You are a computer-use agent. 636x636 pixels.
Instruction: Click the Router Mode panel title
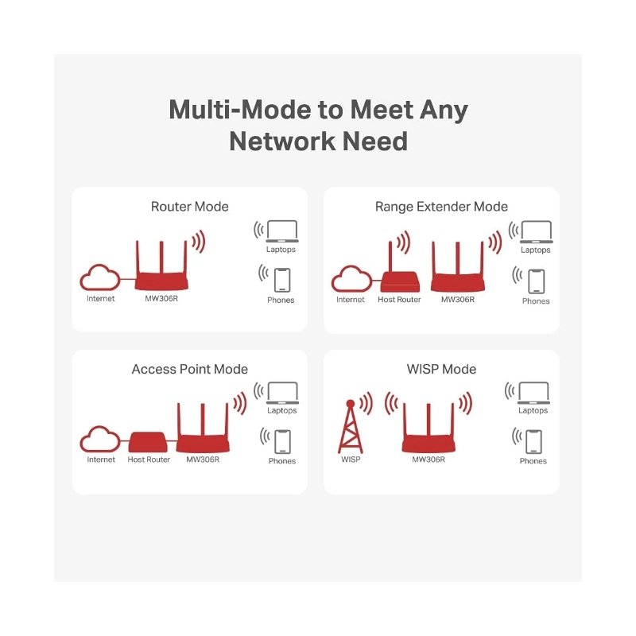pyautogui.click(x=189, y=207)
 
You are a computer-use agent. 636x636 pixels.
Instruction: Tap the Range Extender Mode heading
pyautogui.click(x=441, y=207)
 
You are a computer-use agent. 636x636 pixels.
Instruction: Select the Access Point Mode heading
pyautogui.click(x=189, y=369)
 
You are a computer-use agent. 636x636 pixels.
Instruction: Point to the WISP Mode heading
pyautogui.click(x=441, y=369)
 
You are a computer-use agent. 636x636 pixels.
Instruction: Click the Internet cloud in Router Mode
pyautogui.click(x=100, y=277)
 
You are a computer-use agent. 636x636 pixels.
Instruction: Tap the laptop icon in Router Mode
pyautogui.click(x=282, y=231)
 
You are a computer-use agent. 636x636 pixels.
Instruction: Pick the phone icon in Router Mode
pyautogui.click(x=282, y=280)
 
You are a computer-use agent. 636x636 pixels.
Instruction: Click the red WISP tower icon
pyautogui.click(x=351, y=427)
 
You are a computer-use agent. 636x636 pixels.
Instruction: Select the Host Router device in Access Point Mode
pyautogui.click(x=148, y=442)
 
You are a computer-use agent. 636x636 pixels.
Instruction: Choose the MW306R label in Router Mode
pyautogui.click(x=161, y=299)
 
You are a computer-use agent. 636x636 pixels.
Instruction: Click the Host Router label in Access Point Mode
pyautogui.click(x=149, y=460)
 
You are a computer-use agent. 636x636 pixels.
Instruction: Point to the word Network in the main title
pyautogui.click(x=282, y=142)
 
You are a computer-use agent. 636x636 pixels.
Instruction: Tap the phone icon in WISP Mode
pyautogui.click(x=533, y=441)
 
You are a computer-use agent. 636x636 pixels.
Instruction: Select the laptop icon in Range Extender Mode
pyautogui.click(x=536, y=232)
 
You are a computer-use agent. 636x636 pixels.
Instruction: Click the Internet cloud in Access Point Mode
pyautogui.click(x=100, y=440)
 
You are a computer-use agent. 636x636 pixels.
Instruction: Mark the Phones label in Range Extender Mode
pyautogui.click(x=536, y=301)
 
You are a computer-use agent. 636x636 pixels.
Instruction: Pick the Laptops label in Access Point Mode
pyautogui.click(x=282, y=410)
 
